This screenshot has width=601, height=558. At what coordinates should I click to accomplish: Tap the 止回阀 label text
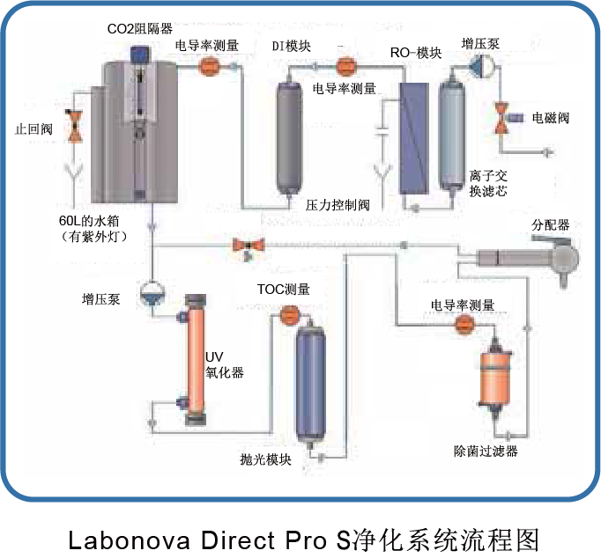(x=34, y=128)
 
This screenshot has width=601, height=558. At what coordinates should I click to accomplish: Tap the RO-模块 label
(x=415, y=54)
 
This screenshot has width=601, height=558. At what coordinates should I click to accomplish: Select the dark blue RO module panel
(x=412, y=138)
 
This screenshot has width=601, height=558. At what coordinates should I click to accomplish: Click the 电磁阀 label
(x=550, y=117)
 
